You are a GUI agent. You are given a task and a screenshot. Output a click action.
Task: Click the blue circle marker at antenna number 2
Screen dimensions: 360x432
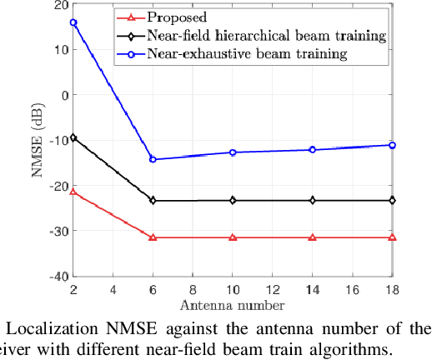pyautogui.click(x=73, y=22)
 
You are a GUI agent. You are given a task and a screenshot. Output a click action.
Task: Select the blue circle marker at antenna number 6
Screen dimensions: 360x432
pyautogui.click(x=153, y=159)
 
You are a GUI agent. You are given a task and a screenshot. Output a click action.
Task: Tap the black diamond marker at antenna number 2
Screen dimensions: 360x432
pyautogui.click(x=73, y=137)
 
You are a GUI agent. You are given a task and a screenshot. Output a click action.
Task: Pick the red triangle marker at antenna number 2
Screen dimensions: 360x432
pyautogui.click(x=73, y=192)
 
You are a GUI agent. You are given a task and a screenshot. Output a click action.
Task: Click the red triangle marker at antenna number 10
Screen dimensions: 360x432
pyautogui.click(x=233, y=237)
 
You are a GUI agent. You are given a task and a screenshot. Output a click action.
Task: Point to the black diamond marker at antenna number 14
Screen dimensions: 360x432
pyautogui.click(x=313, y=200)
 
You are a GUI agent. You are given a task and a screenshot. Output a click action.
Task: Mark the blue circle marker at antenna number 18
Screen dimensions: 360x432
pyautogui.click(x=392, y=145)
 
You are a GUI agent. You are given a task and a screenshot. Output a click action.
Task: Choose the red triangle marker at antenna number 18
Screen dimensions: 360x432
pyautogui.click(x=392, y=237)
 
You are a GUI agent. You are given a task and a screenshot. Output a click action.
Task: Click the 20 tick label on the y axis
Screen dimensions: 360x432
pyautogui.click(x=59, y=5)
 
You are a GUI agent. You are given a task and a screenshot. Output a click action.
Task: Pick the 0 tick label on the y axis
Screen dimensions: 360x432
pyautogui.click(x=63, y=95)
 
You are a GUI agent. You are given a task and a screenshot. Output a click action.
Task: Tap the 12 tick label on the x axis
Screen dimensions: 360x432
pyautogui.click(x=273, y=288)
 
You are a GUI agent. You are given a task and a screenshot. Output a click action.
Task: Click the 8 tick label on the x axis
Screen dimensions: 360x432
pyautogui.click(x=193, y=288)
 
